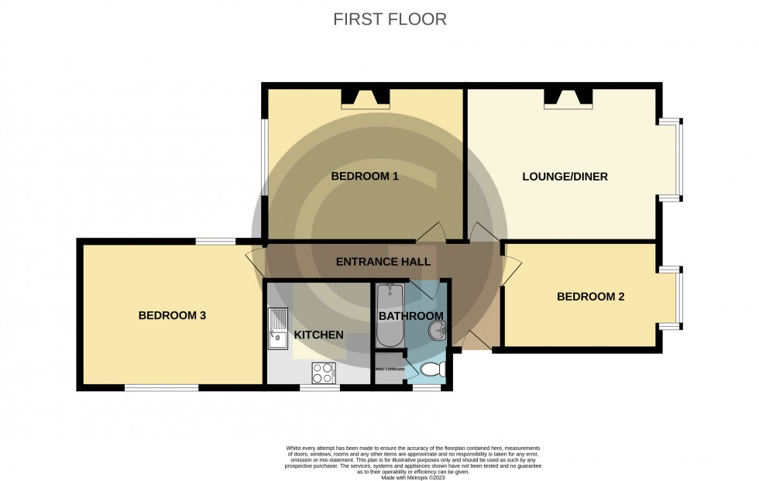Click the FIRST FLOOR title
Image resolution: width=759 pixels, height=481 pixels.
(x=390, y=19)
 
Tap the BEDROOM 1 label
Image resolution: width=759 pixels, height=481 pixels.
(x=364, y=177)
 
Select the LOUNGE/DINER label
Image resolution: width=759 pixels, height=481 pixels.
(x=565, y=177)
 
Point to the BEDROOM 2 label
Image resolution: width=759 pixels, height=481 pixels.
(x=590, y=297)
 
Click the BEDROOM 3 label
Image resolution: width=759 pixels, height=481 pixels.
(x=172, y=315)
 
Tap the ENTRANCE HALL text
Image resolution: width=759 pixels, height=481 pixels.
(x=383, y=263)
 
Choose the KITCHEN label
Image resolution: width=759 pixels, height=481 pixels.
(x=318, y=335)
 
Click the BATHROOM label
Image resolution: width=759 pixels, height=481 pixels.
(x=410, y=316)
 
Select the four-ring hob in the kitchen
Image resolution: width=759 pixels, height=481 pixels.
(x=324, y=373)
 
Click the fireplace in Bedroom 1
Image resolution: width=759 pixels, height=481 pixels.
(x=366, y=97)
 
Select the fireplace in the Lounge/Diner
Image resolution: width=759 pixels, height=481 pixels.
(x=568, y=97)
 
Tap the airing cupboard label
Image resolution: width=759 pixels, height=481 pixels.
(x=389, y=369)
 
